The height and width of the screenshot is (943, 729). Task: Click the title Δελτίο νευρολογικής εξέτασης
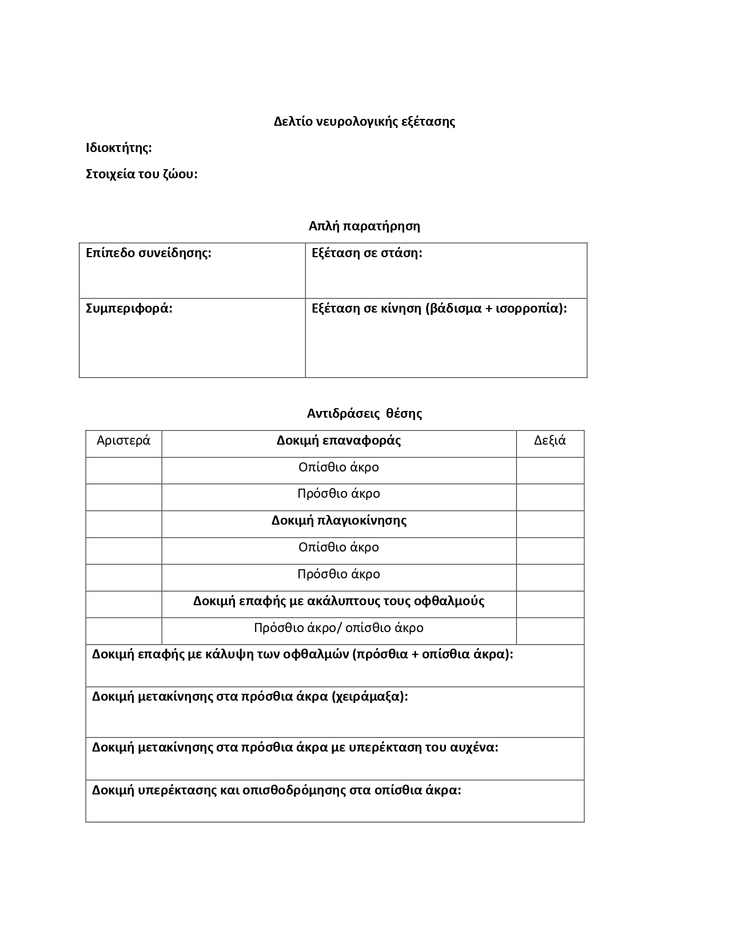pyautogui.click(x=364, y=121)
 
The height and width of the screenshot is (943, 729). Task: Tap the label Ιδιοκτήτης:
pyautogui.click(x=119, y=147)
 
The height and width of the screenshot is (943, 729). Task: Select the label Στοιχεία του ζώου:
pyautogui.click(x=142, y=174)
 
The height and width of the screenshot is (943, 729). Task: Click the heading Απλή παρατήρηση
pyautogui.click(x=364, y=226)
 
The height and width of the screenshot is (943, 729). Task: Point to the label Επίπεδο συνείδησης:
pyautogui.click(x=149, y=253)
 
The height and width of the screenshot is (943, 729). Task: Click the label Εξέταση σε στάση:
pyautogui.click(x=367, y=253)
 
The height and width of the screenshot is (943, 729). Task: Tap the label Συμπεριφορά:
pyautogui.click(x=129, y=308)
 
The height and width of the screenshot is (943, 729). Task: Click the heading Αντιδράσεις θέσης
pyautogui.click(x=364, y=413)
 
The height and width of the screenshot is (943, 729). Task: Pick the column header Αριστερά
pyautogui.click(x=124, y=440)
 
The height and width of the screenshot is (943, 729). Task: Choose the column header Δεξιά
pyautogui.click(x=550, y=440)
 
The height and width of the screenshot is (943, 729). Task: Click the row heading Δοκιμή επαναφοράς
pyautogui.click(x=338, y=440)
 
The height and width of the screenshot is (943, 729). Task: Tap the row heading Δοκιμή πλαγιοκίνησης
pyautogui.click(x=338, y=520)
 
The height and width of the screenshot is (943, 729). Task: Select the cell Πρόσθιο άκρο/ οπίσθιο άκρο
pyautogui.click(x=338, y=628)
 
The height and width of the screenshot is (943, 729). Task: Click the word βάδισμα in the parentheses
pyautogui.click(x=452, y=308)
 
